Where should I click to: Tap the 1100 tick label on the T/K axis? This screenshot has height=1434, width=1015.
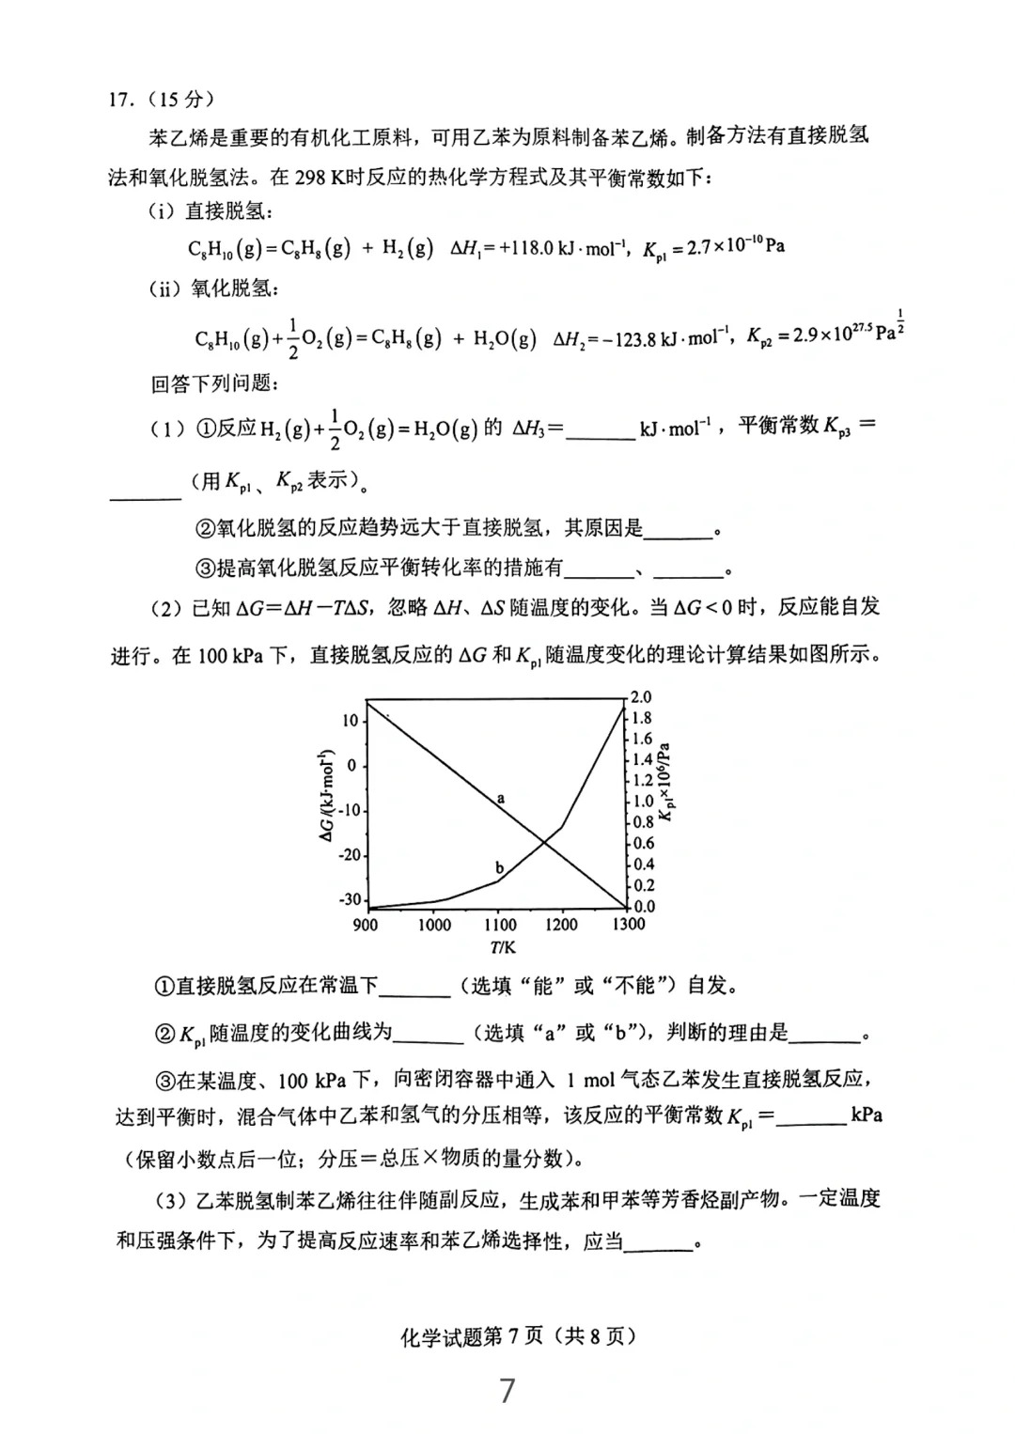tap(500, 925)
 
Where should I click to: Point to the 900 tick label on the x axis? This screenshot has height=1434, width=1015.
tap(365, 925)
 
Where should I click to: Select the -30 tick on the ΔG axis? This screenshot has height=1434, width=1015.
tap(350, 900)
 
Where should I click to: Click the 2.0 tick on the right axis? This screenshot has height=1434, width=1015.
tap(641, 697)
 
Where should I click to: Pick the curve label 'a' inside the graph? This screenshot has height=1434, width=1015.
tap(501, 798)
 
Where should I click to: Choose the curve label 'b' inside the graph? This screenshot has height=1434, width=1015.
tap(499, 867)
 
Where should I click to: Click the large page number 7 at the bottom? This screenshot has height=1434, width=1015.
tap(507, 1390)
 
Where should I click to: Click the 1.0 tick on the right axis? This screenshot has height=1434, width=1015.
tap(643, 802)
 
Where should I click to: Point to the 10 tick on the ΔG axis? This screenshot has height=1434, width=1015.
tap(351, 721)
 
